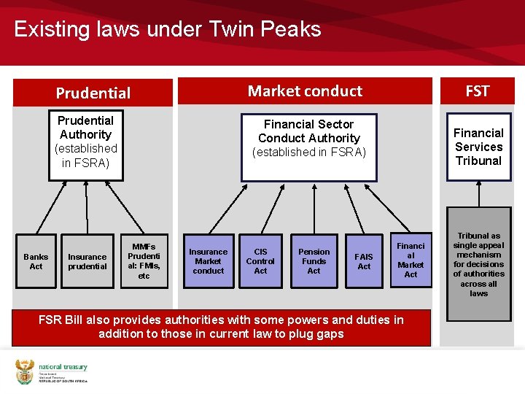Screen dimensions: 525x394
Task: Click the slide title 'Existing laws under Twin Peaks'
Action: click(168, 29)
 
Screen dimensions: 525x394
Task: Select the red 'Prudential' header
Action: click(93, 93)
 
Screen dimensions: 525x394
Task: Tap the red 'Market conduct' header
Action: click(305, 91)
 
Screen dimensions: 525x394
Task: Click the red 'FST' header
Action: click(478, 91)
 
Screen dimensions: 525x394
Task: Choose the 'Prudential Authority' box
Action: click(86, 142)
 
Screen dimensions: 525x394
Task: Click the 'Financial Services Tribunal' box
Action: click(478, 147)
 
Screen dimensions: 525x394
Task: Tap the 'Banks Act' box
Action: click(36, 261)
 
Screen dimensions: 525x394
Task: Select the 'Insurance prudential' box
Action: click(87, 261)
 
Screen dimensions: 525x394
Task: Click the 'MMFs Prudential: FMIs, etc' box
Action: click(144, 261)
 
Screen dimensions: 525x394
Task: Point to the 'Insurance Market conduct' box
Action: click(209, 261)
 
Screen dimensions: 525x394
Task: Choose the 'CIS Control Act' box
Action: click(260, 261)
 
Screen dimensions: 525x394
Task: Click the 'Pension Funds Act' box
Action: click(314, 261)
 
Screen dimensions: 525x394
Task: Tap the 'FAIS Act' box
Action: click(364, 261)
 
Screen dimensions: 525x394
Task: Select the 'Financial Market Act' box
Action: click(411, 260)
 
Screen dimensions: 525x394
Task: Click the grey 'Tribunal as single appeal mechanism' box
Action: click(478, 265)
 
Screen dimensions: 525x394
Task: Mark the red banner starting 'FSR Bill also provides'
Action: click(221, 327)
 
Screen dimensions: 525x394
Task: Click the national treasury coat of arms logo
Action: click(24, 371)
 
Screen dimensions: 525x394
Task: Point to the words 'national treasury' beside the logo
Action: click(63, 367)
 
